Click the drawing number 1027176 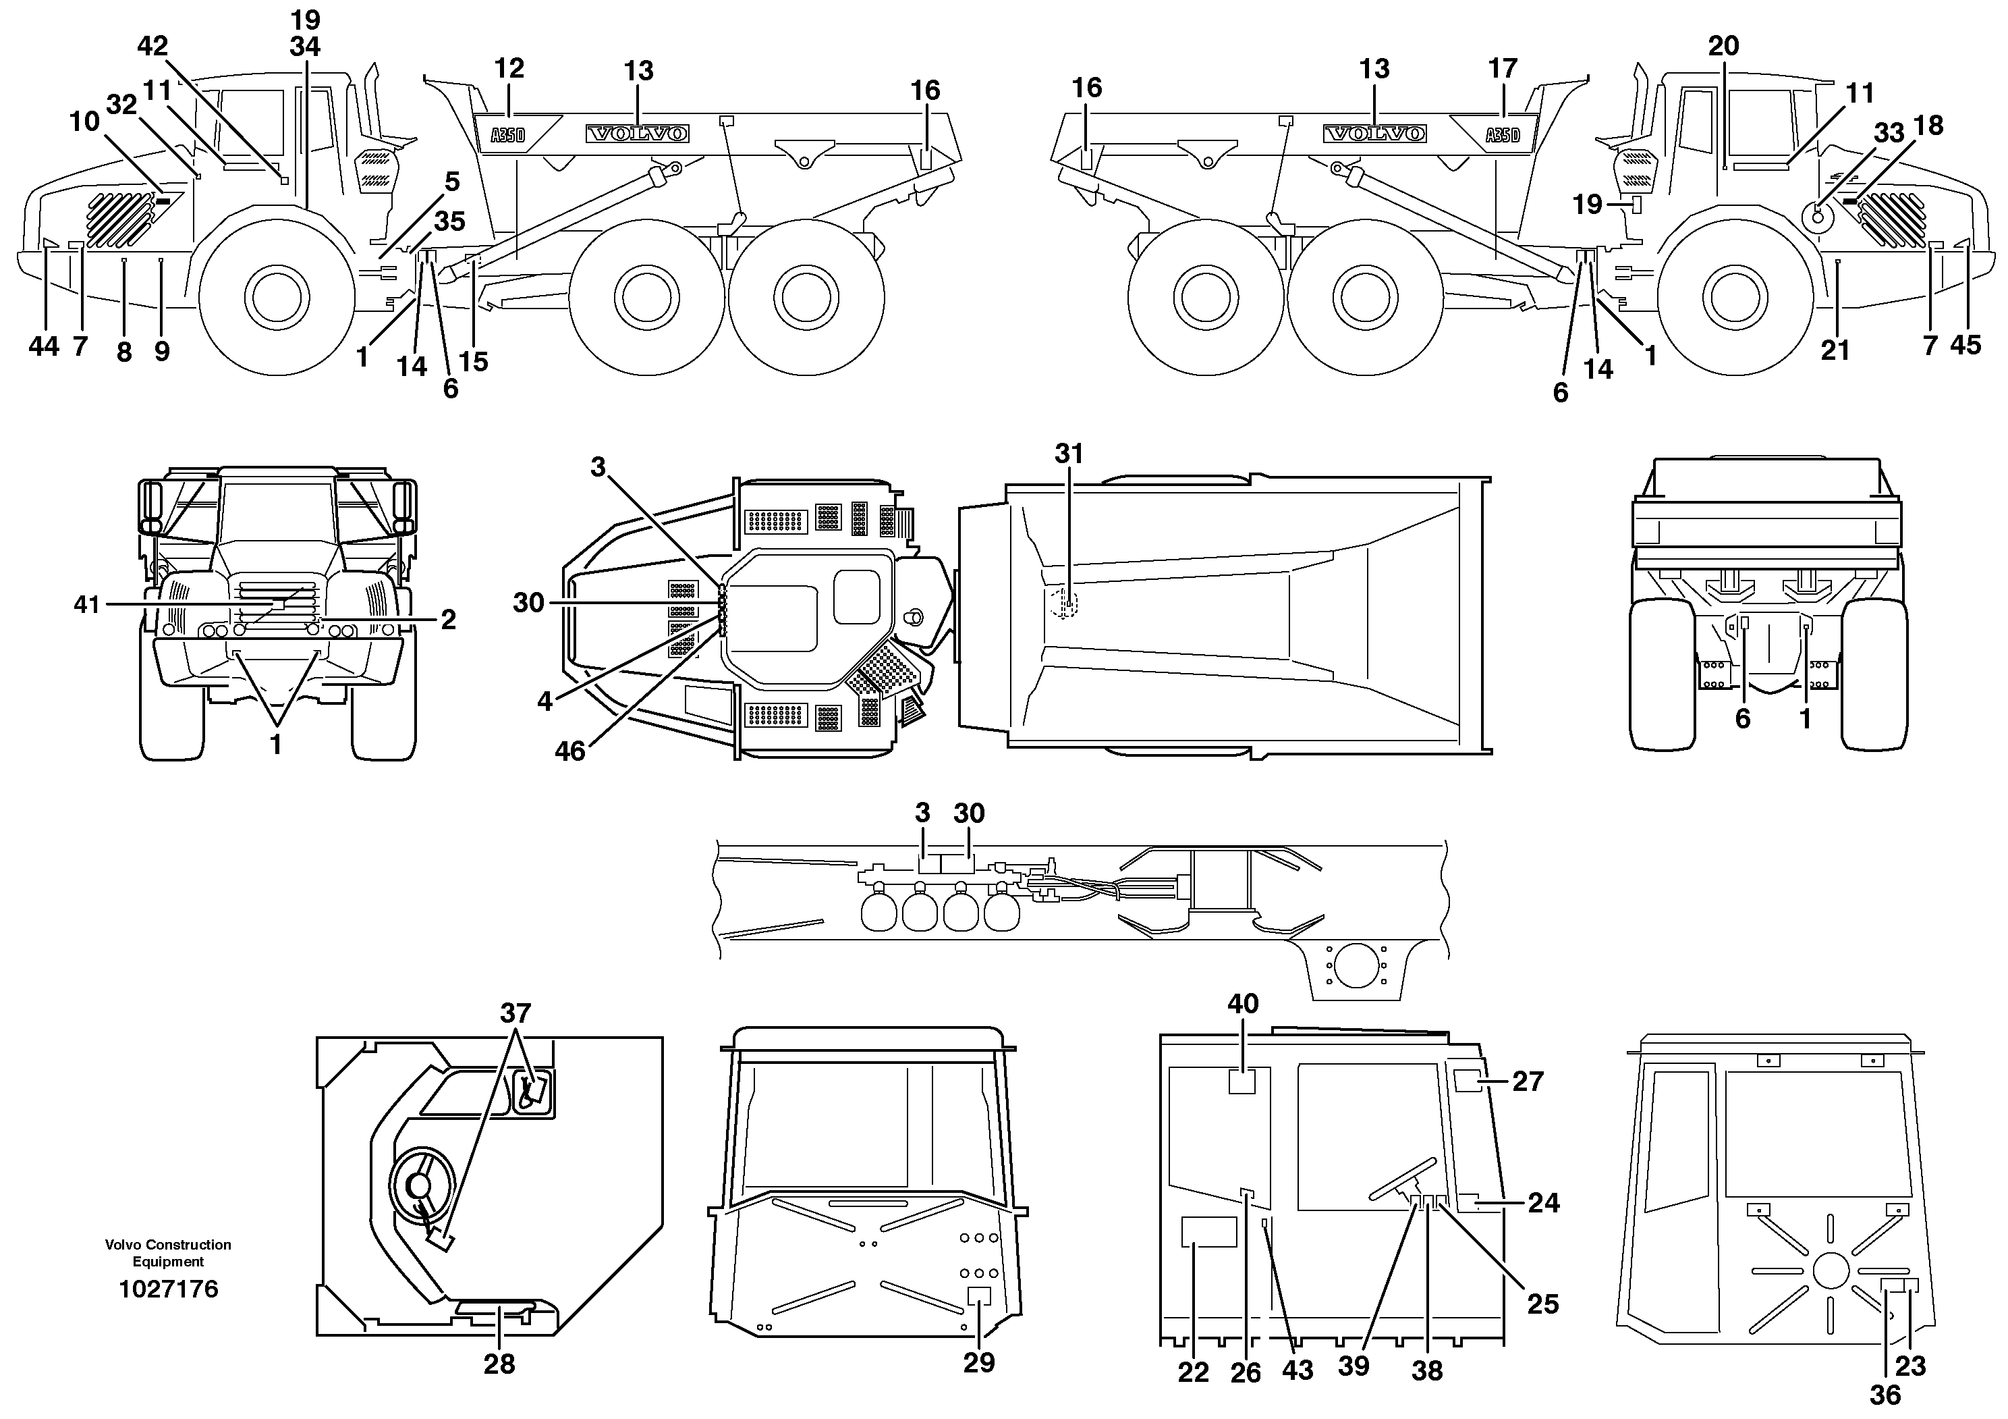pos(168,1289)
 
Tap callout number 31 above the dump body pos(1069,453)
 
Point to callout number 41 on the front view pos(86,604)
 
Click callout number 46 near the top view pos(569,751)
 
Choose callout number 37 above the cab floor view pos(515,1013)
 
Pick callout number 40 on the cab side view pos(1243,1003)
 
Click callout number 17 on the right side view pos(1503,68)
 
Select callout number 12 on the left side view pos(509,68)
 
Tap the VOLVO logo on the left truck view pos(638,134)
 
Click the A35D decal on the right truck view pos(1503,136)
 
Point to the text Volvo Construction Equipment pos(168,1253)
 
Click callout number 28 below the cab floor pos(499,1364)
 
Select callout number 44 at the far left pos(44,347)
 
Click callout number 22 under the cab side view pos(1193,1372)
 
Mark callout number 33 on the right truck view pos(1889,133)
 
